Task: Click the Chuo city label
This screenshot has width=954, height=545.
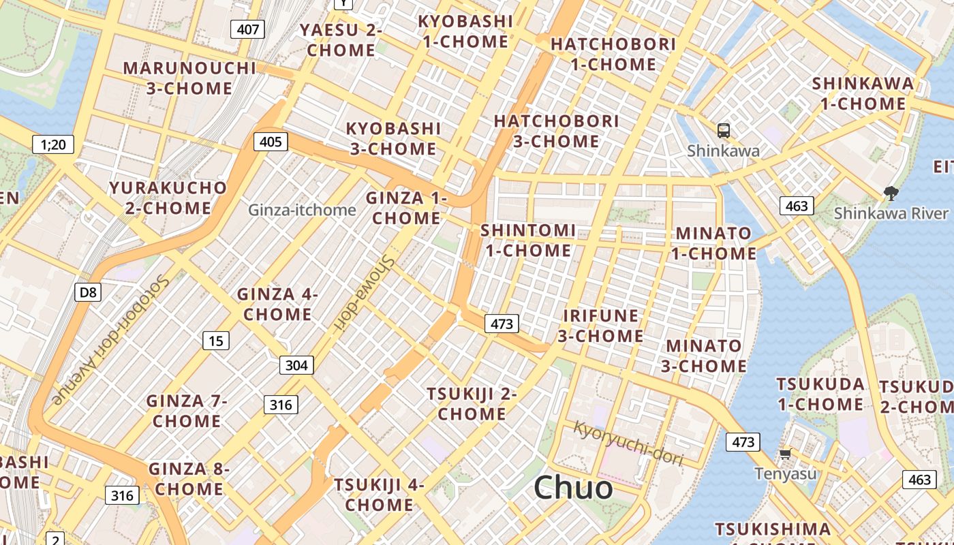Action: [573, 488]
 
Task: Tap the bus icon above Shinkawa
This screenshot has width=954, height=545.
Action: [724, 129]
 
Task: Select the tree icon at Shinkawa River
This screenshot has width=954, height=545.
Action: [890, 193]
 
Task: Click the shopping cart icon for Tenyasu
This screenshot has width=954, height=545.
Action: [784, 454]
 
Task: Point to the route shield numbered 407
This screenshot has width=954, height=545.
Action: [247, 29]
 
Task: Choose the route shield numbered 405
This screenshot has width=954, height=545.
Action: [270, 142]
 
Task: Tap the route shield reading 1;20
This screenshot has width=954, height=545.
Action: [53, 144]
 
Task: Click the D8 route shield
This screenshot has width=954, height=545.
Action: [88, 293]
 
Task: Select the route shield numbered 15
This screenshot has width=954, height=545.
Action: [216, 341]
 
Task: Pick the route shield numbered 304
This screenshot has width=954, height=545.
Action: [296, 365]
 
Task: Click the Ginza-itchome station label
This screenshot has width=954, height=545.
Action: [302, 210]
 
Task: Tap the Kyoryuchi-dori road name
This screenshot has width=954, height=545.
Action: [628, 443]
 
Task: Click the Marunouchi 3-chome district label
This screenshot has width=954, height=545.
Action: [189, 78]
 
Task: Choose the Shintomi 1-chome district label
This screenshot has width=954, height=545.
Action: [528, 240]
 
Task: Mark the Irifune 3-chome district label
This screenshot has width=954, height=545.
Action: [600, 326]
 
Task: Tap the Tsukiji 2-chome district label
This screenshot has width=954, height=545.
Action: [472, 404]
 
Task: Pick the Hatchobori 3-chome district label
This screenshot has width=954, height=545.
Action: [557, 131]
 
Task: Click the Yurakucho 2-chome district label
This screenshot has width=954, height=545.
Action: [168, 198]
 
